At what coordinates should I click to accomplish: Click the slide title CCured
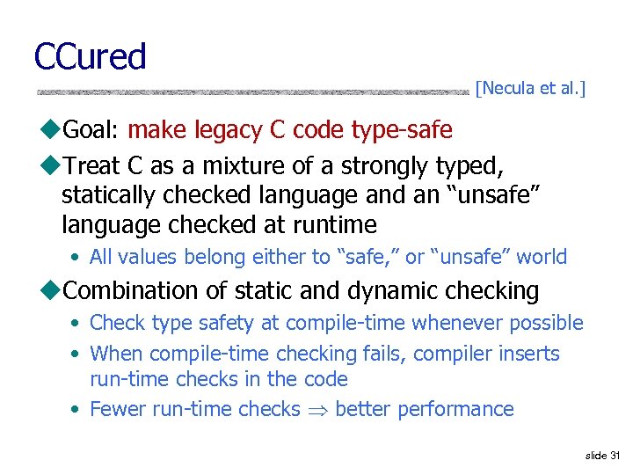coord(90,57)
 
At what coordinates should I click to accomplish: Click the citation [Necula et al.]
coord(530,88)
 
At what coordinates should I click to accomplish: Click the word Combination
coord(135,290)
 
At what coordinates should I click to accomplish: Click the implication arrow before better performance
coord(317,410)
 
